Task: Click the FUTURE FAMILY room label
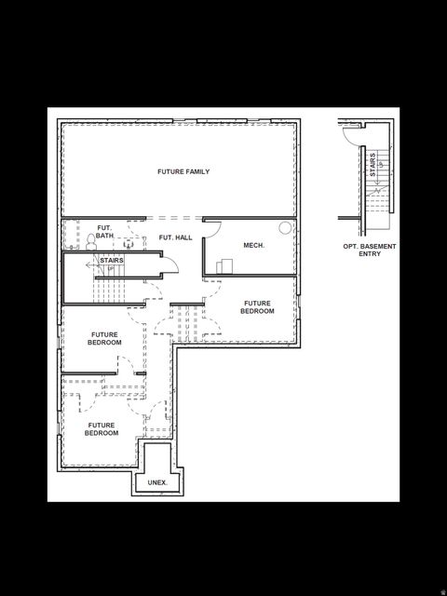tap(183, 171)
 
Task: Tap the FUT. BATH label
tap(104, 232)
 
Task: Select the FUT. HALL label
tap(175, 237)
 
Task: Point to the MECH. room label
tap(253, 245)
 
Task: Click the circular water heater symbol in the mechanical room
tap(284, 227)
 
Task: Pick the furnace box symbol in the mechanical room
tap(224, 266)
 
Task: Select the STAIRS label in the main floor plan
tap(112, 261)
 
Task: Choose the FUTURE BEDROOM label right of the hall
tap(257, 307)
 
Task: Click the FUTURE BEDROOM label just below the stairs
tap(105, 338)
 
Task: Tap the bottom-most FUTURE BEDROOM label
tap(102, 429)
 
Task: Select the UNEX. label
tap(157, 482)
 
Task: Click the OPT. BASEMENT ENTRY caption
tap(369, 250)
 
